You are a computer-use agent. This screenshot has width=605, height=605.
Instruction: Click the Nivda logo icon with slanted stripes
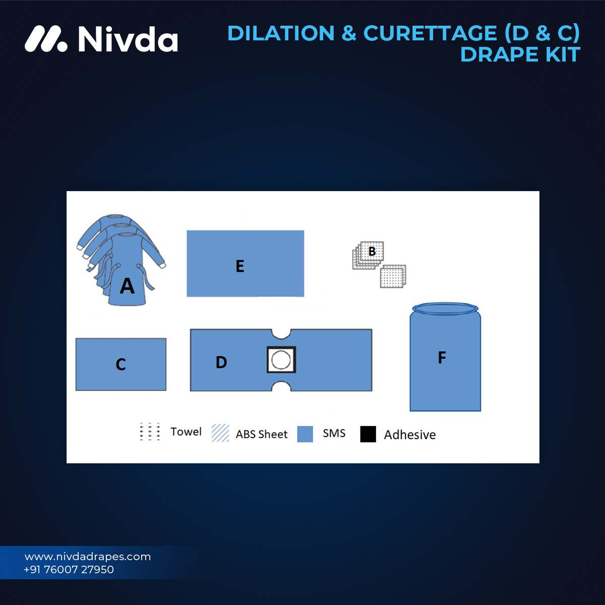click(45, 39)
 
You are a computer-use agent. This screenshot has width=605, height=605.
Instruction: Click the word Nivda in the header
click(128, 39)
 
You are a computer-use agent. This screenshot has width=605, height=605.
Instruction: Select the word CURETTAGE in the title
click(430, 33)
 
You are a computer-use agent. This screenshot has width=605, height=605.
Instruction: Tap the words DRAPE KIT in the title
click(520, 54)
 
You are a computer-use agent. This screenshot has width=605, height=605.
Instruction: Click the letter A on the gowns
click(127, 286)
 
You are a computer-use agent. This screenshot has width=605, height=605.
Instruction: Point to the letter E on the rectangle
click(240, 266)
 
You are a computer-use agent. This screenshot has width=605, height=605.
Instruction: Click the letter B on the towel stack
click(372, 251)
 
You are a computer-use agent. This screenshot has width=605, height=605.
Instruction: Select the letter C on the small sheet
click(120, 365)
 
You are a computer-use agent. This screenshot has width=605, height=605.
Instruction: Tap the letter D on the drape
click(221, 362)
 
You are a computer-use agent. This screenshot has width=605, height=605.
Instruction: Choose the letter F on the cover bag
click(442, 357)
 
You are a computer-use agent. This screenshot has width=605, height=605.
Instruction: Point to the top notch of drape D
click(281, 334)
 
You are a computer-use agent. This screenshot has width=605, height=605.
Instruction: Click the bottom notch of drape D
click(281, 386)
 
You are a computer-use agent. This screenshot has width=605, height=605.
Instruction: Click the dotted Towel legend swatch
click(150, 432)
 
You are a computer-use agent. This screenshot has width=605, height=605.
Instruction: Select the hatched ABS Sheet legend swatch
click(220, 433)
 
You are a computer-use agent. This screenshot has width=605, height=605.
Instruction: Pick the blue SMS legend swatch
click(305, 434)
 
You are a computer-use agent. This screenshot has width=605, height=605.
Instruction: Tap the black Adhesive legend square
click(368, 434)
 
